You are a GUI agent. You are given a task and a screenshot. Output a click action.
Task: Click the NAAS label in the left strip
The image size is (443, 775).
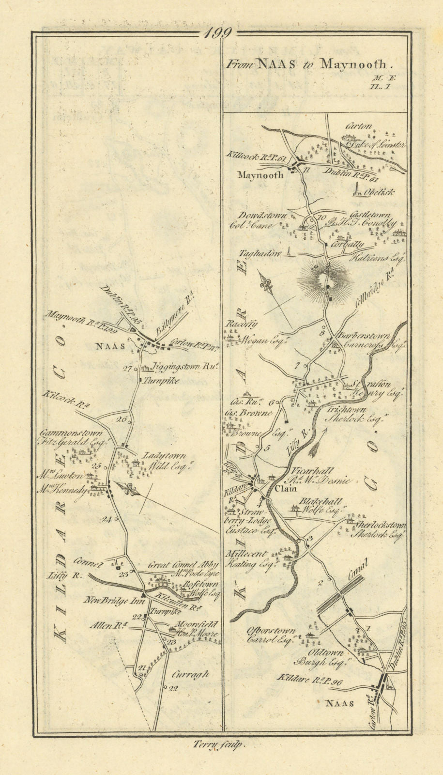point(111,346)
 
